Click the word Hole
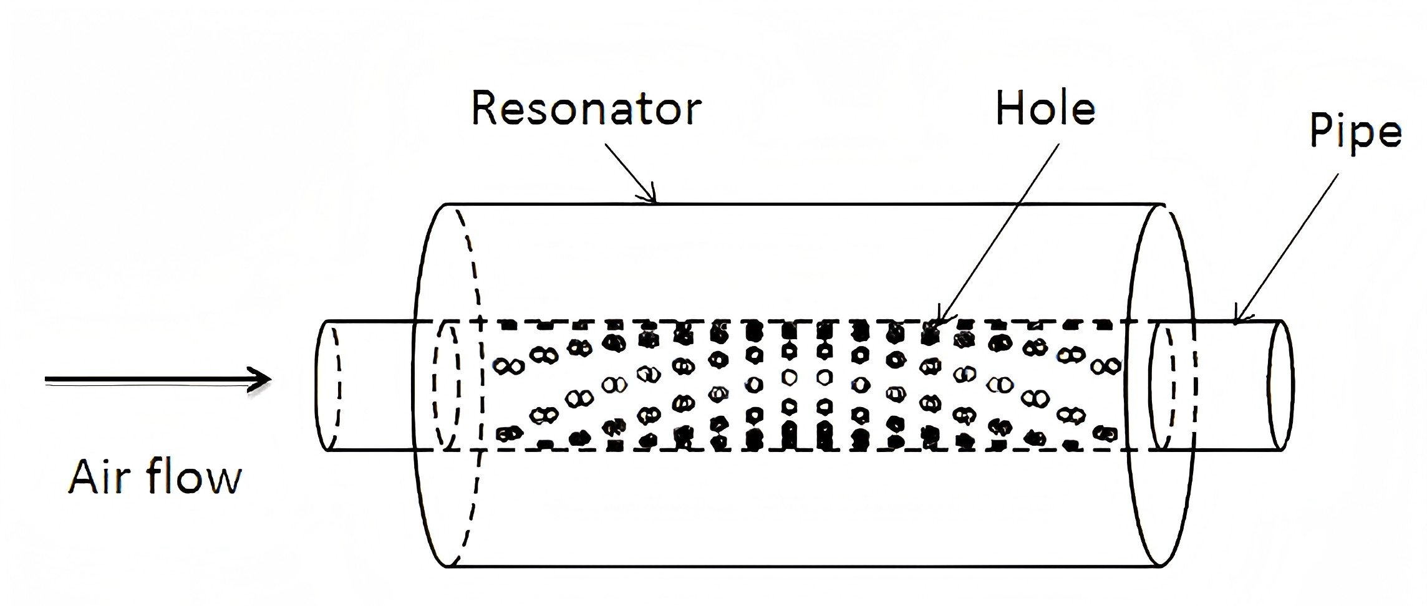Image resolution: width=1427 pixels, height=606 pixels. pyautogui.click(x=1045, y=108)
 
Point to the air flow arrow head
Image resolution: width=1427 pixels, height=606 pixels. pyautogui.click(x=262, y=379)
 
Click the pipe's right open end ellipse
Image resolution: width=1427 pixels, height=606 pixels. pyautogui.click(x=1280, y=385)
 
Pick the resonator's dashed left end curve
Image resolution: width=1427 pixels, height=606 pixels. pyautogui.click(x=475, y=385)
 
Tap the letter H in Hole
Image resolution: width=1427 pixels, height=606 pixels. pyautogui.click(x=1007, y=108)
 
